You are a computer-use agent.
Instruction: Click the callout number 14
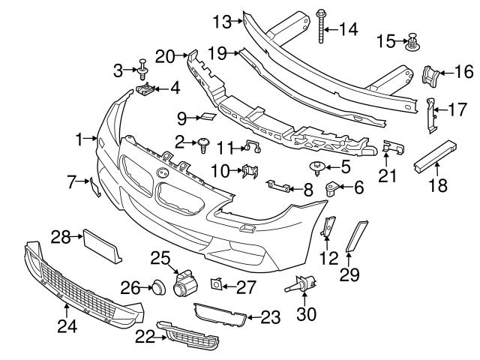point(349,29)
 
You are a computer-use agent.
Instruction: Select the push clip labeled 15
point(412,42)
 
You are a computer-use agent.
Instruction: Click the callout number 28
point(61,238)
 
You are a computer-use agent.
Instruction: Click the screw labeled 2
point(202,143)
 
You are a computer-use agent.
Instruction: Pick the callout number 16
point(464,73)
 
